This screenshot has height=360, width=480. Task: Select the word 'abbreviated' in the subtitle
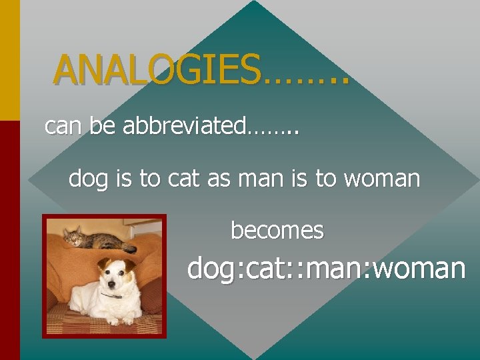pos(184,126)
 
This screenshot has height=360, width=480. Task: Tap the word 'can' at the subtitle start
pos(61,126)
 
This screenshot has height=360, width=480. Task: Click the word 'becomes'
pos(277,231)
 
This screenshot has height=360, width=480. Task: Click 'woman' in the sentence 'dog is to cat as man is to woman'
pos(387,179)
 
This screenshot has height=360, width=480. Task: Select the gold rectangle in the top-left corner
pos(9,60)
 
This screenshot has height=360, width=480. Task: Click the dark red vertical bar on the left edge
pos(9,240)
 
